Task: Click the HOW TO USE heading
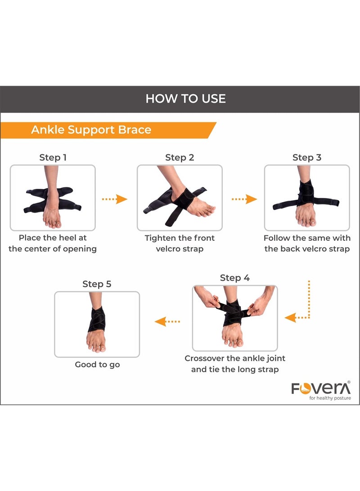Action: [185, 99]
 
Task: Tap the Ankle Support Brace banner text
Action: [91, 130]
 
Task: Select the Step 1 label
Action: [53, 158]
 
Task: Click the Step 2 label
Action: [180, 158]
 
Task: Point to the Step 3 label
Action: [307, 158]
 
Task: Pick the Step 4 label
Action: [234, 278]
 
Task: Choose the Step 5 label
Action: [97, 284]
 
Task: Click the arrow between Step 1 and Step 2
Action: [115, 199]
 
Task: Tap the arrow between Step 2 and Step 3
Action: [244, 199]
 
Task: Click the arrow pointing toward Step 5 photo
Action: [167, 321]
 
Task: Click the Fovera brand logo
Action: [320, 388]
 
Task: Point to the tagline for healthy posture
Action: [330, 398]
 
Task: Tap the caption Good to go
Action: [97, 365]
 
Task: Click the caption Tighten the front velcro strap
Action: [180, 243]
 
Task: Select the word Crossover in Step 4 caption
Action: [206, 359]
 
